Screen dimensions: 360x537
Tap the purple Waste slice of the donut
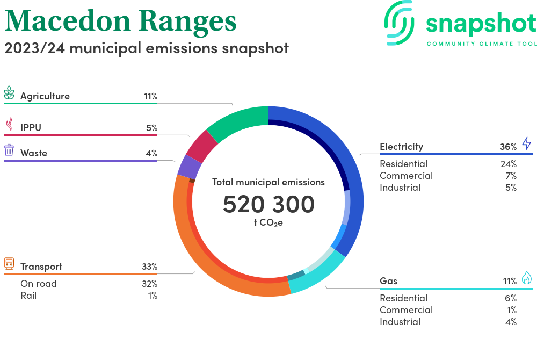point(186,166)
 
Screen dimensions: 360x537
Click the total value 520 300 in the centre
point(268,204)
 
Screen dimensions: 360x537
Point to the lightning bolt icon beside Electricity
point(526,143)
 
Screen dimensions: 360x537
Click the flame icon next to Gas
point(526,278)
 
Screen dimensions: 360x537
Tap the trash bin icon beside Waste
point(9,150)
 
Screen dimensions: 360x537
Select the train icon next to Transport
point(9,263)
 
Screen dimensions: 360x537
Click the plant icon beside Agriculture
point(9,93)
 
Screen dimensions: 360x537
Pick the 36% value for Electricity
point(508,147)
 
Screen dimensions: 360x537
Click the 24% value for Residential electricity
point(508,164)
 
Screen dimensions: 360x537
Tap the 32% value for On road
point(149,284)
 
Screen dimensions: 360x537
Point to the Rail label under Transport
point(28,296)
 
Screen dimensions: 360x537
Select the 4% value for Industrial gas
point(511,322)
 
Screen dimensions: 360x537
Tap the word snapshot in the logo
point(481,24)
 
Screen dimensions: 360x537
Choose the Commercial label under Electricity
point(406,176)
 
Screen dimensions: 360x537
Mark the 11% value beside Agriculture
point(150,97)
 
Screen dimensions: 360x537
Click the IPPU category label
point(31,128)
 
